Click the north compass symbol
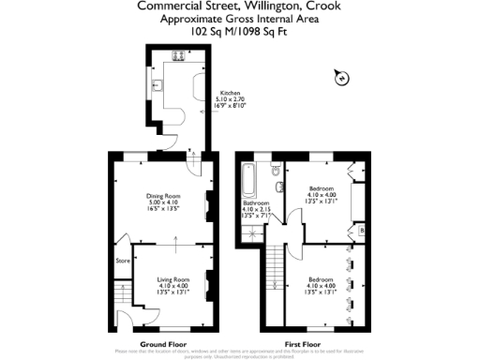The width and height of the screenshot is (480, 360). click(x=342, y=77)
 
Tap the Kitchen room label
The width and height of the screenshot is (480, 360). click(x=231, y=93)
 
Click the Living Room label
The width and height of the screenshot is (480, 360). click(x=173, y=278)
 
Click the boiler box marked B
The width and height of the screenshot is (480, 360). click(x=362, y=231)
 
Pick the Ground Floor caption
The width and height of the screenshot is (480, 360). click(x=161, y=344)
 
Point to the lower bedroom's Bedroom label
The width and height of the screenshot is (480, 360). click(x=321, y=278)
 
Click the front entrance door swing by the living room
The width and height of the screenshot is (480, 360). click(x=123, y=323)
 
